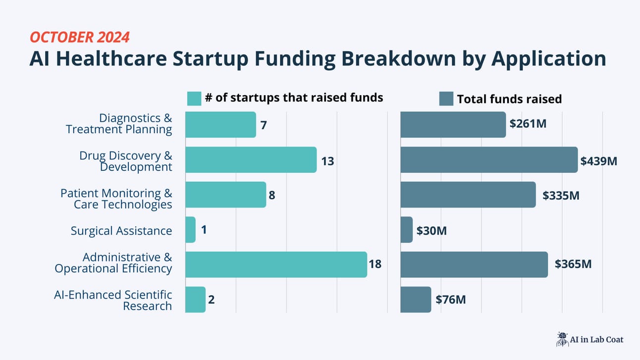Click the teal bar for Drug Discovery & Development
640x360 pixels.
click(251, 160)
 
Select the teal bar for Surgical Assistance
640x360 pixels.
click(190, 230)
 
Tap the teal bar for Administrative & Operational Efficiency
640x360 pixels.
click(276, 264)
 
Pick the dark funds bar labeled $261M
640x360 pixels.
click(453, 124)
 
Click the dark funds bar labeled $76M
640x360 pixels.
click(416, 300)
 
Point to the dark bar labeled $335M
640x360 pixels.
click(468, 195)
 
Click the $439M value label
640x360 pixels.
click(599, 161)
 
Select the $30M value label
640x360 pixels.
click(431, 231)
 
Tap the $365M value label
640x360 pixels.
click(573, 264)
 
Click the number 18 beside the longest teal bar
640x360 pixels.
click(375, 264)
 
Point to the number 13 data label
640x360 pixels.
click(327, 161)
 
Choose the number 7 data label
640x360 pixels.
click(264, 125)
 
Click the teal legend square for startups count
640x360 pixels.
click(194, 99)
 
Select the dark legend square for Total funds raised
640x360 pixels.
click(446, 99)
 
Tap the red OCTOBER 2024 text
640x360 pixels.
click(80, 37)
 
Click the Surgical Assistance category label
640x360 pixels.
click(121, 231)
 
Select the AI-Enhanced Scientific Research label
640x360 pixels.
click(113, 300)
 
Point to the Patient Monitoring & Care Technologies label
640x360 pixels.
click(116, 199)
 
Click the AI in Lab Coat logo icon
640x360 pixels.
click(562, 339)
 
